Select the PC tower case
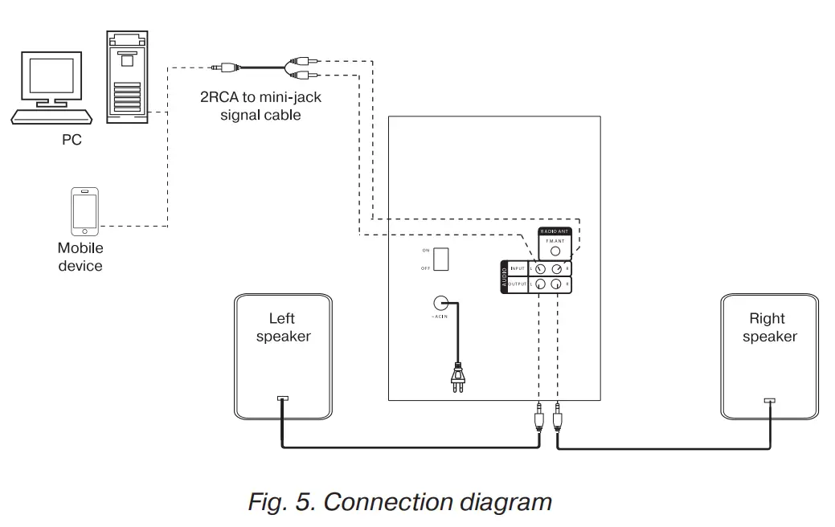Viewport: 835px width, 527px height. point(128,77)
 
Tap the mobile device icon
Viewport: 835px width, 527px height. point(84,210)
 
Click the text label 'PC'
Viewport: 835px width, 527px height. point(72,141)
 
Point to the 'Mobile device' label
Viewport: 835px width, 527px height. point(80,257)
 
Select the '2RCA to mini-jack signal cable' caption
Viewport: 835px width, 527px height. point(250,107)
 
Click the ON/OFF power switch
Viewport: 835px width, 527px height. point(441,259)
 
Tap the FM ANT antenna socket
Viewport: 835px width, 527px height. point(555,251)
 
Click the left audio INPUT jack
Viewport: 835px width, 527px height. point(541,269)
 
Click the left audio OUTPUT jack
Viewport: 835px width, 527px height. point(541,284)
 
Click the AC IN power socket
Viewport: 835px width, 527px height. point(440,304)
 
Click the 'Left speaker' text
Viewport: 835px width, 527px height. point(283,328)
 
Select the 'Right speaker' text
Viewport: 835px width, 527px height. point(769,328)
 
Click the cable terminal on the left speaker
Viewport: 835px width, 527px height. point(282,398)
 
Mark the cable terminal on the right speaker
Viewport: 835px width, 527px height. point(770,400)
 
